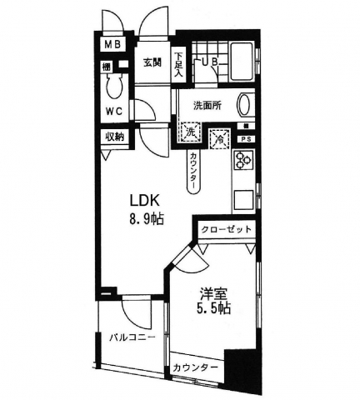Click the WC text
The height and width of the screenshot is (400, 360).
[x=115, y=111]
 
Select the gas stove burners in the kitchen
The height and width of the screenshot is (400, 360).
[x=245, y=161]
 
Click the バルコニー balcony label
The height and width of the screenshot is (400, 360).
[x=132, y=339]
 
